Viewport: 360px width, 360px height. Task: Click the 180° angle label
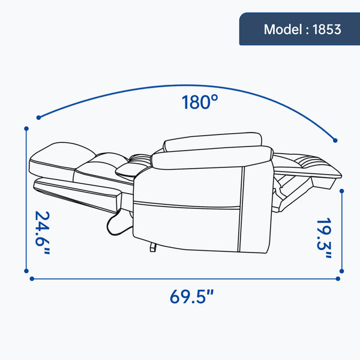(200, 102)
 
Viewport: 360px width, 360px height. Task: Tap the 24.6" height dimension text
(43, 233)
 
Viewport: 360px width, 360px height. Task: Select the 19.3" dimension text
(324, 238)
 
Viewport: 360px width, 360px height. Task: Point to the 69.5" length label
(192, 296)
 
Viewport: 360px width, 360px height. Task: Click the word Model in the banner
(283, 29)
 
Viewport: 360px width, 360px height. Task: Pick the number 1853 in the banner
(327, 29)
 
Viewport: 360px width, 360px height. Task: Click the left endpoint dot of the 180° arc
(38, 118)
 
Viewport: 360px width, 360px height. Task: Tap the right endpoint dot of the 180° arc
(335, 140)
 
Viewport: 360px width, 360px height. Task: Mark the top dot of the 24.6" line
(26, 128)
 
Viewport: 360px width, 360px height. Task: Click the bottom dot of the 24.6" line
(26, 271)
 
